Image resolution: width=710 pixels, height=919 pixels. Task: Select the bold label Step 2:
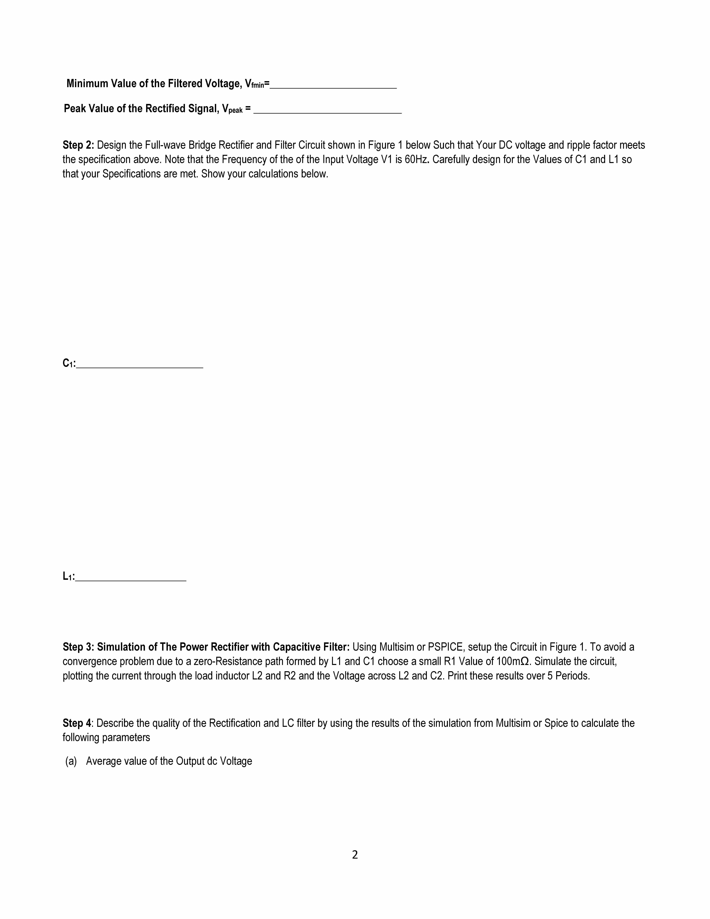pos(78,145)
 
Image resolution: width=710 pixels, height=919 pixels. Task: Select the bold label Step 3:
pos(78,647)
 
